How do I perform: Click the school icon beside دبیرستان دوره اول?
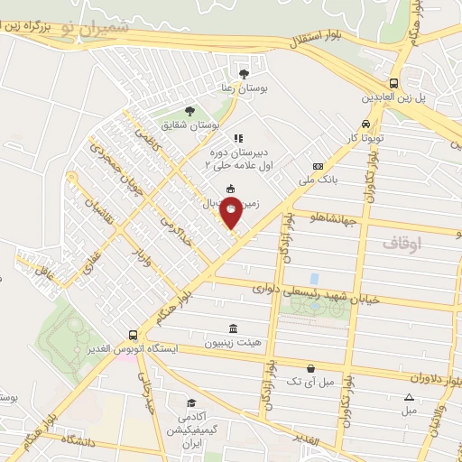[238, 138]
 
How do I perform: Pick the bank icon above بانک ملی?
[318, 166]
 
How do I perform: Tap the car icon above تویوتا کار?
[365, 125]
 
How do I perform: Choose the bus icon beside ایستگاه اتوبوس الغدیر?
[134, 334]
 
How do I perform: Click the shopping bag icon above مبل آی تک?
[310, 368]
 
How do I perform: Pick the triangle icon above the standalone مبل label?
[410, 397]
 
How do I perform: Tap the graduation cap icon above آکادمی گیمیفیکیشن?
[190, 402]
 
